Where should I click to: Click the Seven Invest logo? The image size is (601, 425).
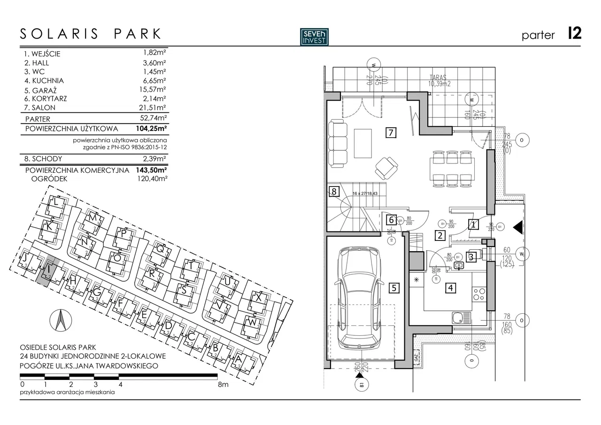click(x=315, y=37)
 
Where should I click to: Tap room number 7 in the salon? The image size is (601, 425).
click(x=390, y=132)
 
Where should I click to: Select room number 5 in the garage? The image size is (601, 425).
click(x=394, y=288)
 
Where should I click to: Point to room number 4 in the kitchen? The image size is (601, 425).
click(x=451, y=287)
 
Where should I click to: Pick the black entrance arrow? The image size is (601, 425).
click(x=518, y=228)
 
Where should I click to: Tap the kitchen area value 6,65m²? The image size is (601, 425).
click(x=155, y=80)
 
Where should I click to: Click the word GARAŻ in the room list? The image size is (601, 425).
click(x=44, y=89)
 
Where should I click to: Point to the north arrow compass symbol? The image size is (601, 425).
click(x=60, y=320)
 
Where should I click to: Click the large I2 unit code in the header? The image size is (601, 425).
click(x=574, y=34)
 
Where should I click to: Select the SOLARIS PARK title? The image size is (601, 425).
click(x=91, y=34)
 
